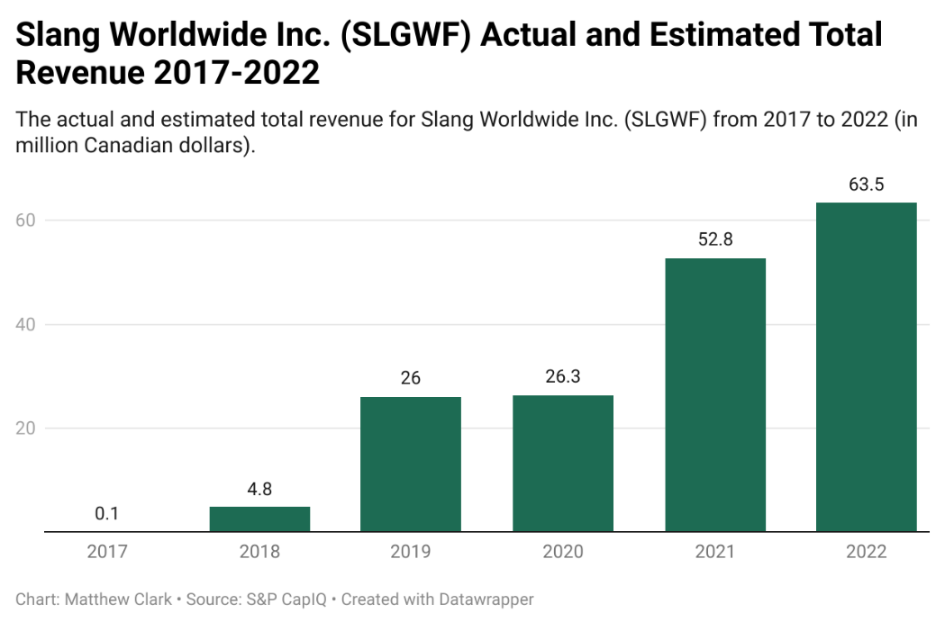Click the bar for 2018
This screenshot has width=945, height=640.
click(x=259, y=519)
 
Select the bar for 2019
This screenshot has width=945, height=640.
click(x=411, y=464)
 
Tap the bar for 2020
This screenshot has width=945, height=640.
click(x=563, y=463)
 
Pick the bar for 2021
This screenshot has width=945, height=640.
click(x=715, y=394)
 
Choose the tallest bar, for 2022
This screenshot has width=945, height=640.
click(x=867, y=366)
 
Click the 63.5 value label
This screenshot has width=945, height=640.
click(x=867, y=185)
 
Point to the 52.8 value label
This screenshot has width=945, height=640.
click(x=715, y=241)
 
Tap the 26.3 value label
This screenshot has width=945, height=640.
click(x=563, y=378)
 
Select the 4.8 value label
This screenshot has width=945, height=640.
click(x=259, y=490)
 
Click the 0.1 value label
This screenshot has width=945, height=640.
click(x=107, y=514)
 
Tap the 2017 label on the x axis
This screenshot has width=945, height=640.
click(x=107, y=552)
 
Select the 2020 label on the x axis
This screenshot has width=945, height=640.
click(x=563, y=552)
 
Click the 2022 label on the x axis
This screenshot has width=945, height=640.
click(x=867, y=552)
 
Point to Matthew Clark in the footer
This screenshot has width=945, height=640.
click(x=118, y=599)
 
